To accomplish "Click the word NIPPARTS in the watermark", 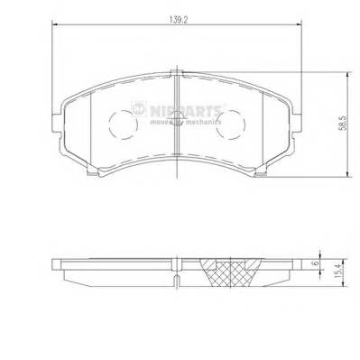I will click(x=186, y=109).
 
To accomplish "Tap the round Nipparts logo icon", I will click(x=138, y=109).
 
